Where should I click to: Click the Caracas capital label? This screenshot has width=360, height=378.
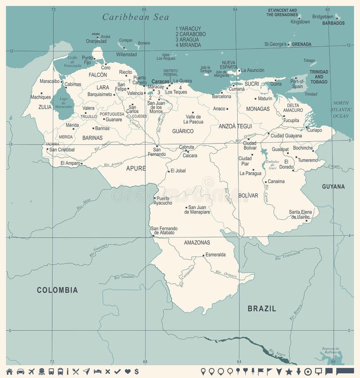point(160,81)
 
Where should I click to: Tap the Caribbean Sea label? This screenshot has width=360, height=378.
point(135,17)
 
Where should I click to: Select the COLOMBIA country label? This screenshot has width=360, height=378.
point(57,290)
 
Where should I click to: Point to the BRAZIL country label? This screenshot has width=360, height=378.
point(261,309)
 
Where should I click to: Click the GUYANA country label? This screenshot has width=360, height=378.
point(333,186)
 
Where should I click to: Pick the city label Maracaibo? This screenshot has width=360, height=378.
point(49,81)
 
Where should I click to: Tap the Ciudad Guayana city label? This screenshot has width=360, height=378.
point(286,135)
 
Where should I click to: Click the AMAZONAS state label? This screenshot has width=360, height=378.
point(197,243)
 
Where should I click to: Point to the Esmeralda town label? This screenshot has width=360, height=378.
point(216,255)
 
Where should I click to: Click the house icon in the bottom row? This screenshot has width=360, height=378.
point(9,371)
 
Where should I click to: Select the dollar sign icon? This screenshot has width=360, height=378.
point(136,371)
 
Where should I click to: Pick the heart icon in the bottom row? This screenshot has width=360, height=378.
point(127,371)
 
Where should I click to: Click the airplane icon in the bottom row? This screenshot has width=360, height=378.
point(31,371)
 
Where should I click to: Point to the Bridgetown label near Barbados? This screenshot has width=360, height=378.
point(323,17)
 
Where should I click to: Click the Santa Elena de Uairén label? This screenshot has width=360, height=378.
point(300,214)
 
